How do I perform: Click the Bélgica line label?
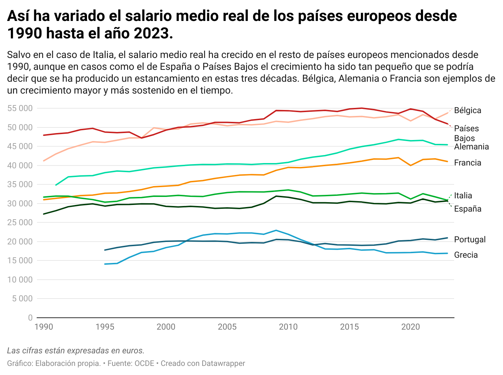click(x=467, y=110)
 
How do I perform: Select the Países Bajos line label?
click(x=466, y=133)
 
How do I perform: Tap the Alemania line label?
click(x=471, y=147)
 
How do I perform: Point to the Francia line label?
click(x=467, y=163)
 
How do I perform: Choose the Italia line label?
click(x=463, y=196)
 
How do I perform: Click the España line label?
click(x=467, y=209)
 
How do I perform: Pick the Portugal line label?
click(x=470, y=240)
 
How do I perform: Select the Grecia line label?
click(x=466, y=255)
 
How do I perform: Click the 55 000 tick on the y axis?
click(x=20, y=108)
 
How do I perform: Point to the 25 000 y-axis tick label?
click(x=20, y=222)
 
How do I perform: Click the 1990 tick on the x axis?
click(x=44, y=327)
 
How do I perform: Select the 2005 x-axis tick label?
click(x=227, y=327)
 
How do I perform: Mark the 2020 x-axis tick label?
click(x=410, y=327)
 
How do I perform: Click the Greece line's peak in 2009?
click(x=276, y=230)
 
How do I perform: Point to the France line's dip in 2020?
click(x=410, y=165)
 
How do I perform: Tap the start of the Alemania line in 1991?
click(x=56, y=185)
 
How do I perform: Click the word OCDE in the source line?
click(x=144, y=363)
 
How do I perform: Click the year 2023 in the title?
click(x=152, y=34)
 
